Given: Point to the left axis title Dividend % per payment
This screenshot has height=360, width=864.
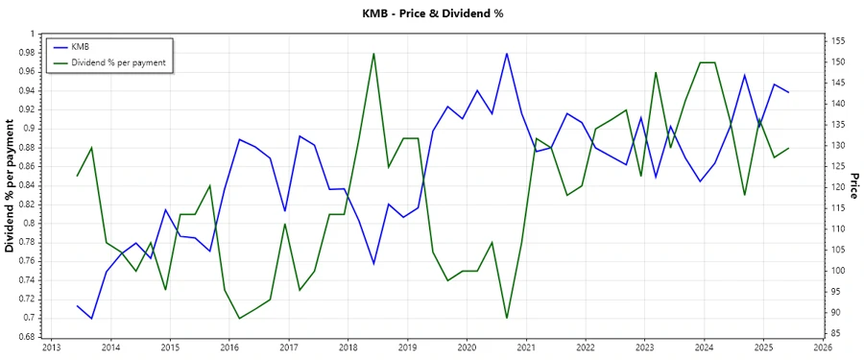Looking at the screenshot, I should point(11,185).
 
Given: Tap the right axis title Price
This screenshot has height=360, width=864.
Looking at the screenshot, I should point(853,185).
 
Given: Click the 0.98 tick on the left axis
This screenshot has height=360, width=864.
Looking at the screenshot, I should point(24,53).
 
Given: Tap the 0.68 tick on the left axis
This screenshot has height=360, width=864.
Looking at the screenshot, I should point(24,337).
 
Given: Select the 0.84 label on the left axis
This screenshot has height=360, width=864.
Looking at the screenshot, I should point(24,185).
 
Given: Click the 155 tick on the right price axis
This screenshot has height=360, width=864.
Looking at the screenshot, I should point(835,41).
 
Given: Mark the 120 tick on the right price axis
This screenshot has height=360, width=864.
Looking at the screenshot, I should point(835,187).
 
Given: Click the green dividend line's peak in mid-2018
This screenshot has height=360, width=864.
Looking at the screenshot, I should point(373,53).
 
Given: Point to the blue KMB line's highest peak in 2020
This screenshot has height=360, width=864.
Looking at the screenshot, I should point(507,53).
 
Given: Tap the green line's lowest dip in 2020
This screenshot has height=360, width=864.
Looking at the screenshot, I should point(507,318).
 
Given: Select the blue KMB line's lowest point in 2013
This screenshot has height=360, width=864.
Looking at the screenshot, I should point(92,318).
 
